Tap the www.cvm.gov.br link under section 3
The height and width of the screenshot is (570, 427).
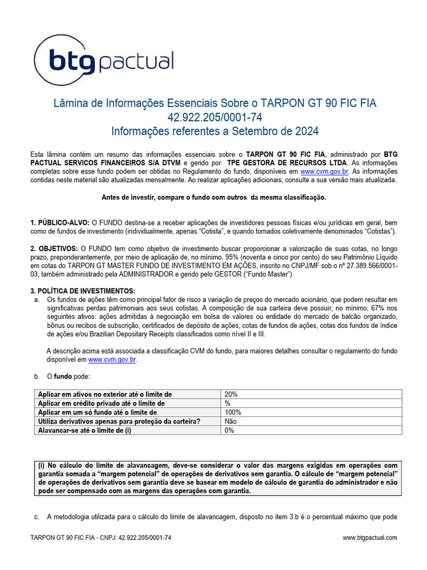(112, 360)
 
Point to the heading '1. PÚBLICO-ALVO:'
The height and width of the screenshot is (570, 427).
(59, 223)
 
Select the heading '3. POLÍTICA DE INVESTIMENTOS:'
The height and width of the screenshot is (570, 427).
(82, 291)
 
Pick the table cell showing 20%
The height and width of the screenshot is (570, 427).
(231, 394)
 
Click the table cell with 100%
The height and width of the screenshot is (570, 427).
(233, 412)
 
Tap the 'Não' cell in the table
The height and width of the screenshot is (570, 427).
(231, 421)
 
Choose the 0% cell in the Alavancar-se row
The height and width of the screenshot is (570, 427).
(230, 430)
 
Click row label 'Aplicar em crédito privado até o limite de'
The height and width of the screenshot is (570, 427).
(101, 403)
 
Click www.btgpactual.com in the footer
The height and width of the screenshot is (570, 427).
(370, 538)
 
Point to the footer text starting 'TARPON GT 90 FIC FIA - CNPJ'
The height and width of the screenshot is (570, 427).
(101, 538)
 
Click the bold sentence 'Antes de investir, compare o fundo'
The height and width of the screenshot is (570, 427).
(213, 198)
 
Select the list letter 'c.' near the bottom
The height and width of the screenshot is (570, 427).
(37, 517)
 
